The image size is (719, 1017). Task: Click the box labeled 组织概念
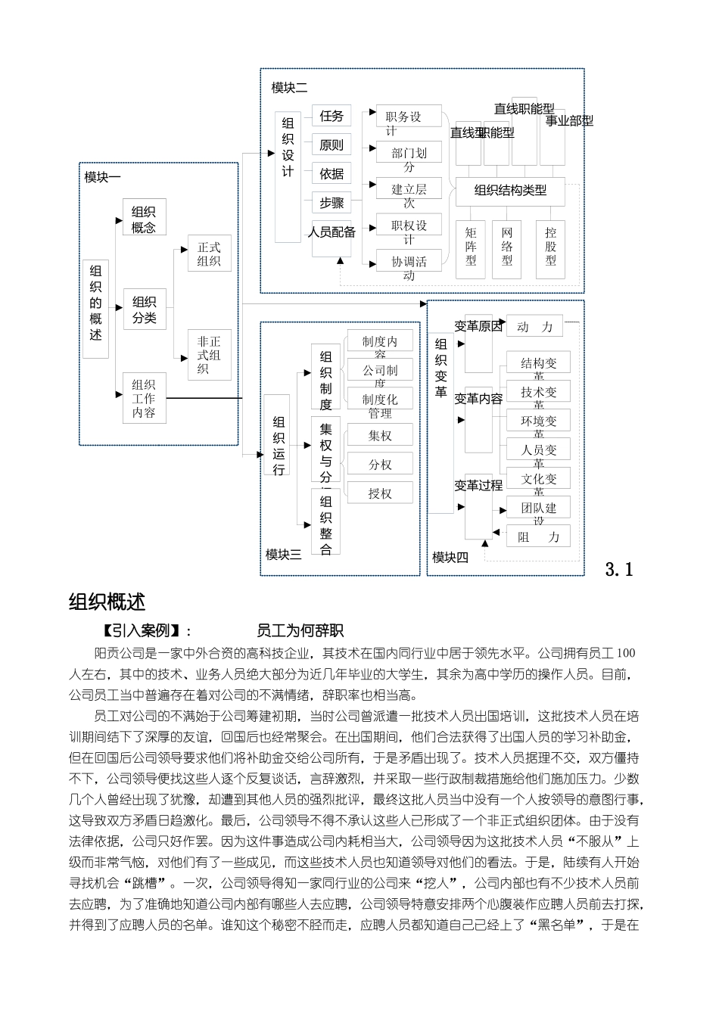pos(144,219)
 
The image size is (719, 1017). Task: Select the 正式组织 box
pos(209,254)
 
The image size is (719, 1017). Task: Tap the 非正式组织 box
pos(209,354)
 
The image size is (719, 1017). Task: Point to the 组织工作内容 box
pos(144,399)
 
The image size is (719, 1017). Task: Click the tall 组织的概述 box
pos(96,308)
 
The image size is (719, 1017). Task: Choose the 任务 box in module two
pos(331,116)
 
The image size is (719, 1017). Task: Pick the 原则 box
pos(331,145)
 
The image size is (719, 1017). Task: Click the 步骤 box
pos(331,202)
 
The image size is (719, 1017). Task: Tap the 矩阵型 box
pos(472,247)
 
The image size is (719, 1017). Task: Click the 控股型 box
pos(551,247)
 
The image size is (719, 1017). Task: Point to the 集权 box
pos(380,436)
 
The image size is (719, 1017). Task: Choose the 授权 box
pos(380,493)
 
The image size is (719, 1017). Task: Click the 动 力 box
pos(535,327)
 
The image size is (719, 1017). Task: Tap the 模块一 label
pos(103,177)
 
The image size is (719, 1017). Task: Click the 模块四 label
pos(450,558)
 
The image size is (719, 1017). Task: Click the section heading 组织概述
pos(107,602)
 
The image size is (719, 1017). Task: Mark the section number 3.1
pos(619,569)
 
